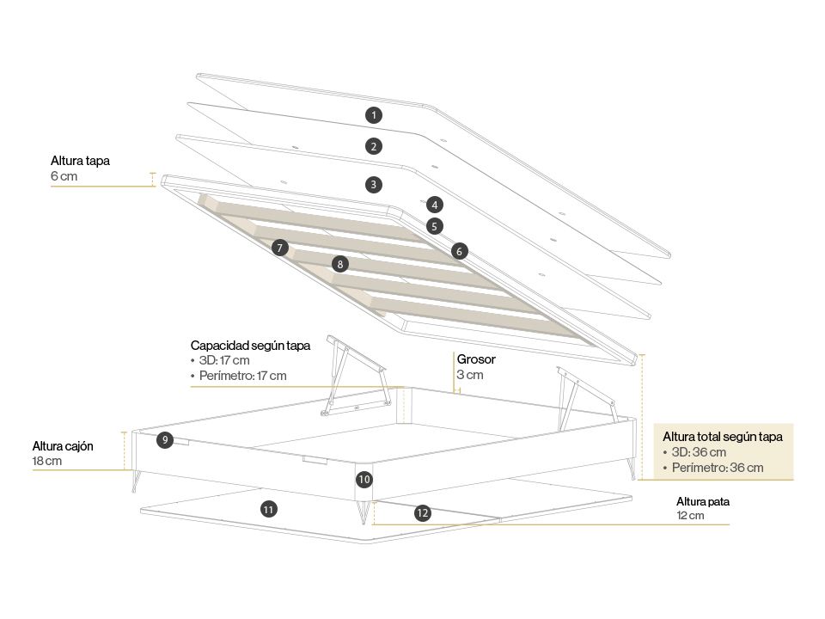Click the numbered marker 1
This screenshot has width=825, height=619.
[373, 114]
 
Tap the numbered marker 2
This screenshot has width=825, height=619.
[373, 146]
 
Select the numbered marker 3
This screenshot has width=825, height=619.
[373, 184]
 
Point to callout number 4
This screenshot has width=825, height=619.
[435, 205]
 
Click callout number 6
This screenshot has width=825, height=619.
[460, 251]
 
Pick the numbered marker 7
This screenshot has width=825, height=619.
[279, 248]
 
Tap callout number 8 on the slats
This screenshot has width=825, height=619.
[340, 264]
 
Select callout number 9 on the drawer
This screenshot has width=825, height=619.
[165, 440]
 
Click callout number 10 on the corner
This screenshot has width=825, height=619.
[364, 479]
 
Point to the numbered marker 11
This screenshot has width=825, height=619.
[269, 510]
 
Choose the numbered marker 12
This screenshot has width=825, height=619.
[422, 513]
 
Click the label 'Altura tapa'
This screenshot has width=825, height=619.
[80, 161]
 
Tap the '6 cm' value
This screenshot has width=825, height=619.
[64, 176]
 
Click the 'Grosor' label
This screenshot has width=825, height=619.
[476, 359]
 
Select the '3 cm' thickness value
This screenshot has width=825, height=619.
[470, 375]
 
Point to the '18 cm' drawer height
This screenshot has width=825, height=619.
[47, 461]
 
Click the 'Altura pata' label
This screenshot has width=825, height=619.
[703, 501]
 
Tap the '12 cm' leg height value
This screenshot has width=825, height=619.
[690, 516]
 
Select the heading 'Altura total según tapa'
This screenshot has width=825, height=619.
[723, 437]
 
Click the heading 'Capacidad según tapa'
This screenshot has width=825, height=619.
[250, 345]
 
